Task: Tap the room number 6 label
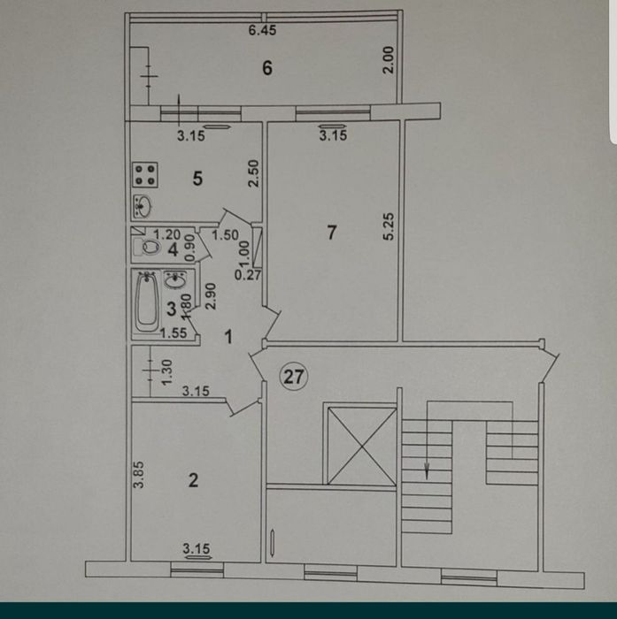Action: point(265,67)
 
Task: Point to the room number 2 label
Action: point(193,481)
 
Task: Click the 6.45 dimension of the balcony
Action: point(263,30)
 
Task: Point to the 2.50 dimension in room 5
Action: point(252,172)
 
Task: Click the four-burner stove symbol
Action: point(146,173)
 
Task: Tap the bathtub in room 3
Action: point(147,302)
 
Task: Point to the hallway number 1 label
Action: point(228,337)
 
